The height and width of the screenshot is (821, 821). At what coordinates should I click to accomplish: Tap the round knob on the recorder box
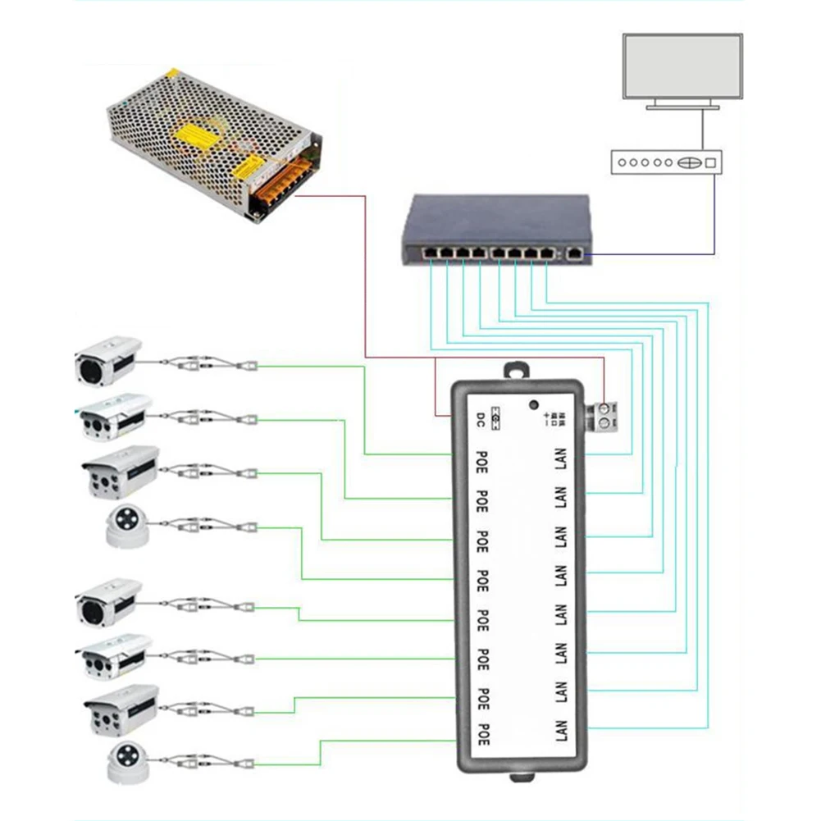click(x=690, y=162)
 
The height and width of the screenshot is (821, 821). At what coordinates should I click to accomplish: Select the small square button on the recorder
click(x=709, y=162)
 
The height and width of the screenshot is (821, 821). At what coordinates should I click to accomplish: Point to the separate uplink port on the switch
click(x=575, y=256)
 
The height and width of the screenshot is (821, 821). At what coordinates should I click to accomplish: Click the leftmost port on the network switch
click(x=429, y=253)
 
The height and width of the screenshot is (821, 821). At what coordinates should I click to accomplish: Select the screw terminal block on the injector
click(x=605, y=415)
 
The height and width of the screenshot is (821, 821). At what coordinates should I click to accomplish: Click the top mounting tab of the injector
click(x=515, y=370)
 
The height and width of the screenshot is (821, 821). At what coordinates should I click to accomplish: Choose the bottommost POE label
click(x=482, y=732)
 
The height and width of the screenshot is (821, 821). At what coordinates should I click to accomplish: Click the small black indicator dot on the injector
click(x=534, y=405)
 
